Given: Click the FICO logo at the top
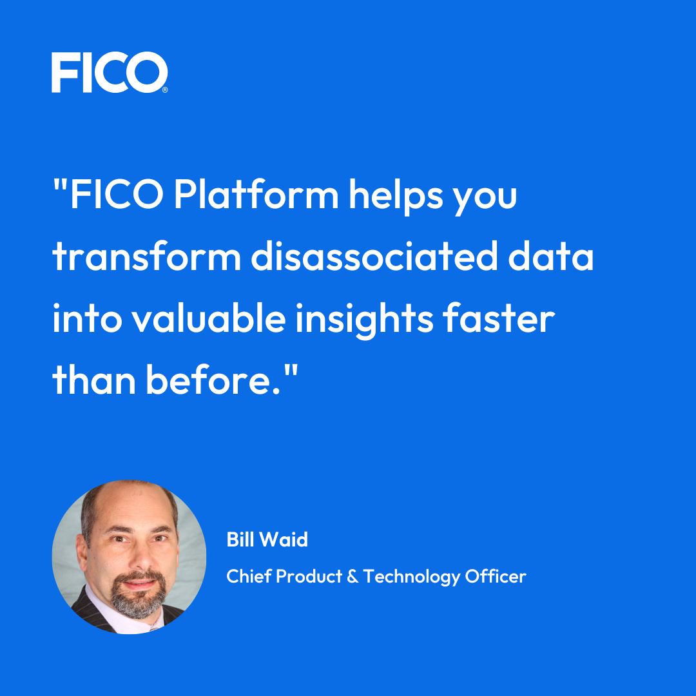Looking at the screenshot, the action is pyautogui.click(x=110, y=72).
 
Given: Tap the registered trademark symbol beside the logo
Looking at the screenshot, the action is pyautogui.click(x=165, y=90).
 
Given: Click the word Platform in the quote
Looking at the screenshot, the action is pyautogui.click(x=256, y=195).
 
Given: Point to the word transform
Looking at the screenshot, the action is pyautogui.click(x=147, y=256).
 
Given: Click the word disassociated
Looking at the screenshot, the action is pyautogui.click(x=374, y=256).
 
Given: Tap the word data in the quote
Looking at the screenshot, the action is pyautogui.click(x=551, y=256).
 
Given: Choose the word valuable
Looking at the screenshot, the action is pyautogui.click(x=209, y=318).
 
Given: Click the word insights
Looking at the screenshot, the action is pyautogui.click(x=364, y=320).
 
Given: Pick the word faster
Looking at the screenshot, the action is pyautogui.click(x=499, y=318).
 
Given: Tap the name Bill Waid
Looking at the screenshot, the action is pyautogui.click(x=267, y=540).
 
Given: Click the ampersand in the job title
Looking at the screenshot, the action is pyautogui.click(x=353, y=577).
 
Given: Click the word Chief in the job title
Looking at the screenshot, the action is pyautogui.click(x=248, y=576).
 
